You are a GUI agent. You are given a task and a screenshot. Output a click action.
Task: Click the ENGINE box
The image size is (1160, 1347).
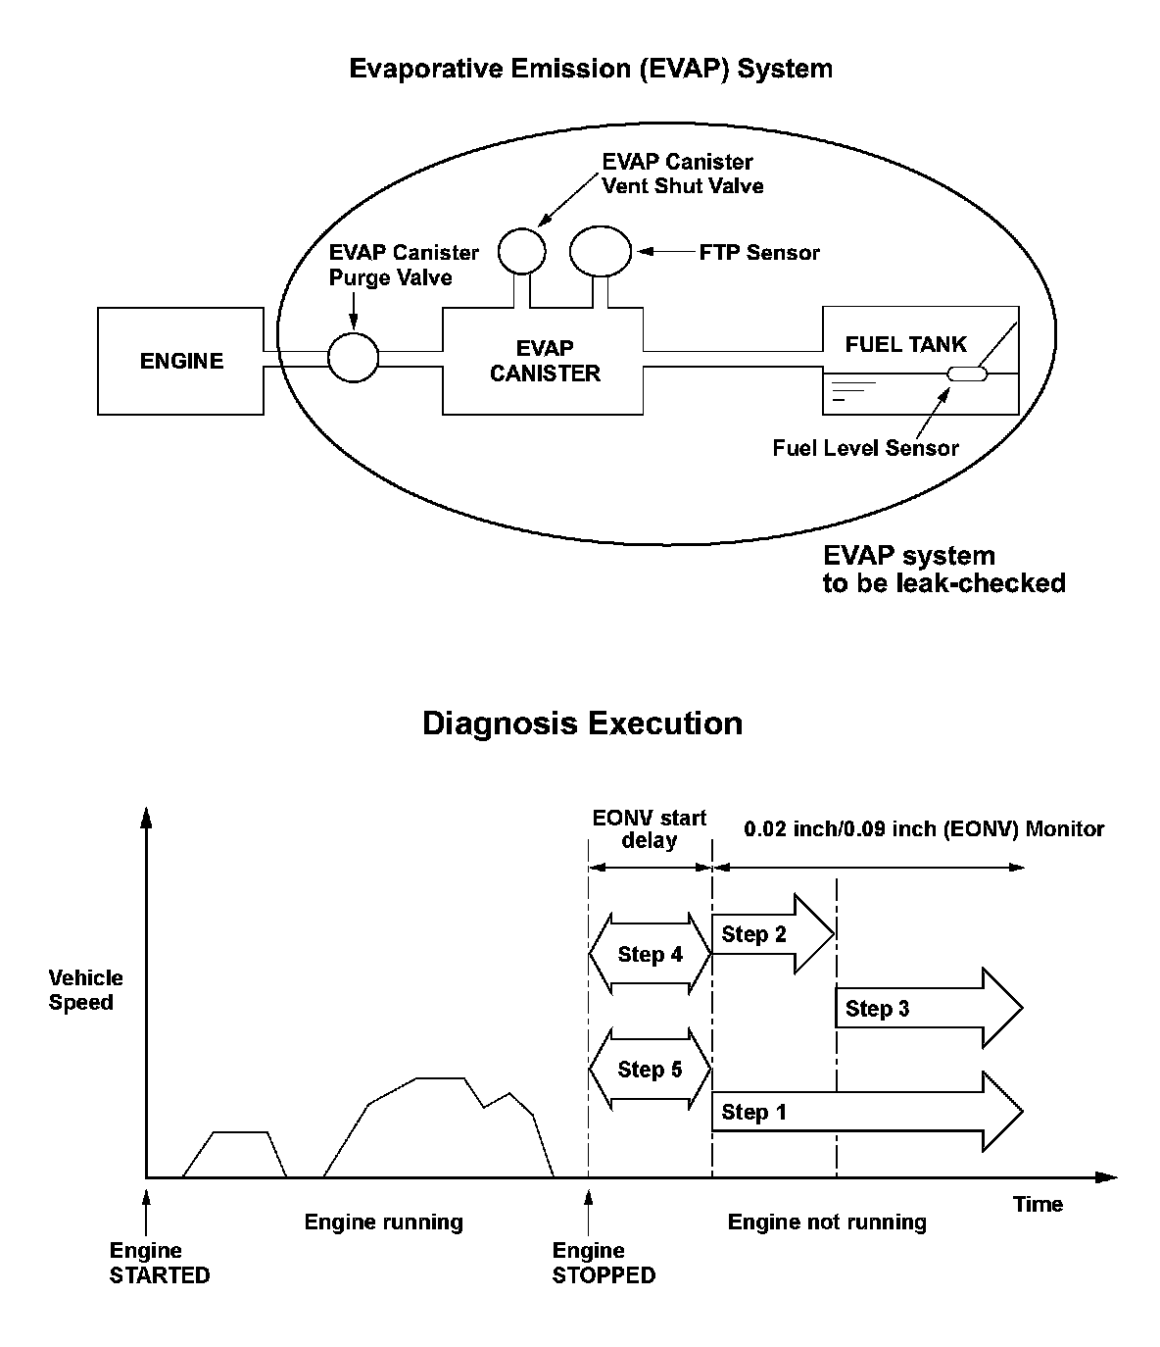coord(181,361)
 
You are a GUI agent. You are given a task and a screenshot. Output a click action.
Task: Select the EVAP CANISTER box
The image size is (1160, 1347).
coord(545,361)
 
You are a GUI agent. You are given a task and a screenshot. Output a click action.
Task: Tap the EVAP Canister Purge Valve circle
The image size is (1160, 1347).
coord(353,357)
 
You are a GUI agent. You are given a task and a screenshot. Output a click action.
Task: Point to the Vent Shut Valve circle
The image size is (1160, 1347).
coord(521,250)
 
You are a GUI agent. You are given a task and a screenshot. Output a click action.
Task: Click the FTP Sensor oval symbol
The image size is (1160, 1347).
coord(601,250)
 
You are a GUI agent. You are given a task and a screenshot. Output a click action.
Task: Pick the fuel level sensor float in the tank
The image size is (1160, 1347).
coord(967,374)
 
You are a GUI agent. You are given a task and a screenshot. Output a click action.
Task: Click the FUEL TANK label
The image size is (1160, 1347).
coord(905,344)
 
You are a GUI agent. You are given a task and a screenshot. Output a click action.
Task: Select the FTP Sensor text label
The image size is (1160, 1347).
coord(759,252)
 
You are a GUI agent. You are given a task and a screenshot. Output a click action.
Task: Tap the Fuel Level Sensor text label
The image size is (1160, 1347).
coord(865,448)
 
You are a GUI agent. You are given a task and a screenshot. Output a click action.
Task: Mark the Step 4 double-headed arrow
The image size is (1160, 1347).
coord(650,954)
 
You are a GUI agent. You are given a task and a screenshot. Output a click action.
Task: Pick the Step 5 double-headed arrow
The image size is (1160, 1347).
coord(650,1070)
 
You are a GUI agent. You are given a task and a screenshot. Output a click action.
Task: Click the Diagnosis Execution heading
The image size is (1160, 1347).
coord(582,723)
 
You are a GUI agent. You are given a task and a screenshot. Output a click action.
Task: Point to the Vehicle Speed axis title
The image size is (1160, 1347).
coord(86,990)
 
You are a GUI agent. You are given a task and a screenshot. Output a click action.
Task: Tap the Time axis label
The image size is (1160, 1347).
coord(1038,1204)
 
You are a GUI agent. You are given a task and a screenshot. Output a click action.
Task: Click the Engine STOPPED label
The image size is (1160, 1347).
coord(603,1263)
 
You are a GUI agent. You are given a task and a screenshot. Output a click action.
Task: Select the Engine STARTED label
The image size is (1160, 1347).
coord(159,1263)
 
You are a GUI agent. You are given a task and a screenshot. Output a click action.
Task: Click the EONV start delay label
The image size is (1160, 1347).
coord(650,828)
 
